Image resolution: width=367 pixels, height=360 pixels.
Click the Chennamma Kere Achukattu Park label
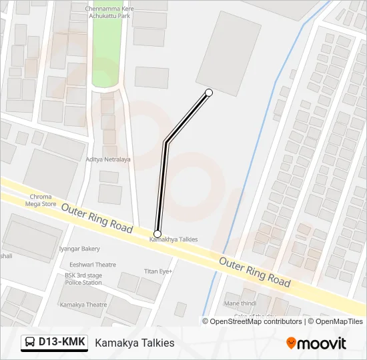tap(109, 11)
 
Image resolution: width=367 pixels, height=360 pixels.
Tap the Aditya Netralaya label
tap(108, 159)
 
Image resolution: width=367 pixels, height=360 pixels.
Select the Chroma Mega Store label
tap(41, 201)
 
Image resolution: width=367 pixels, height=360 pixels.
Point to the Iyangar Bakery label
tap(80, 249)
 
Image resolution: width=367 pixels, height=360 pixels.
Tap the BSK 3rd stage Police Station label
tap(83, 279)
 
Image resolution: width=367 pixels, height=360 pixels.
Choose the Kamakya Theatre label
tap(83, 305)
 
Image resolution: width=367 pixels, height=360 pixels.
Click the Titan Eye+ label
tap(159, 271)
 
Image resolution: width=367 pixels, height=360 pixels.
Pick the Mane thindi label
tap(240, 303)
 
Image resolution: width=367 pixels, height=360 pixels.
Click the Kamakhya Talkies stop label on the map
tap(173, 239)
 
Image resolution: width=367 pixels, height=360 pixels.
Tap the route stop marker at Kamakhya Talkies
tap(157, 233)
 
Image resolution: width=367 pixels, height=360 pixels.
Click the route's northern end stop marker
tap(209, 92)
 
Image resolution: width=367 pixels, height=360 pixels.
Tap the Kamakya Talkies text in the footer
tap(134, 343)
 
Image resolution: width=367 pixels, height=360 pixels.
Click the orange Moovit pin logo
tap(291, 343)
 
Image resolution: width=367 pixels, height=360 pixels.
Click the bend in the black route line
tap(165, 142)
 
